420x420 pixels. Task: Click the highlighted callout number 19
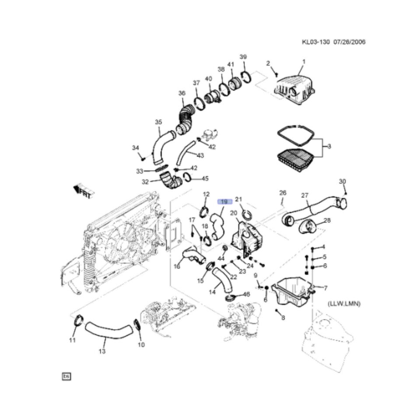pos(224,201)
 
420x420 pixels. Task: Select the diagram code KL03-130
pos(315,42)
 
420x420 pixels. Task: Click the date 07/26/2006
pos(349,42)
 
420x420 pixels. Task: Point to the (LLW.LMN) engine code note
pos(344,304)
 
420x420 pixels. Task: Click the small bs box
pos(66,376)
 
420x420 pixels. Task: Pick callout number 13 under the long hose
pos(102,351)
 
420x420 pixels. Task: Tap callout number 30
pos(342,181)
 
